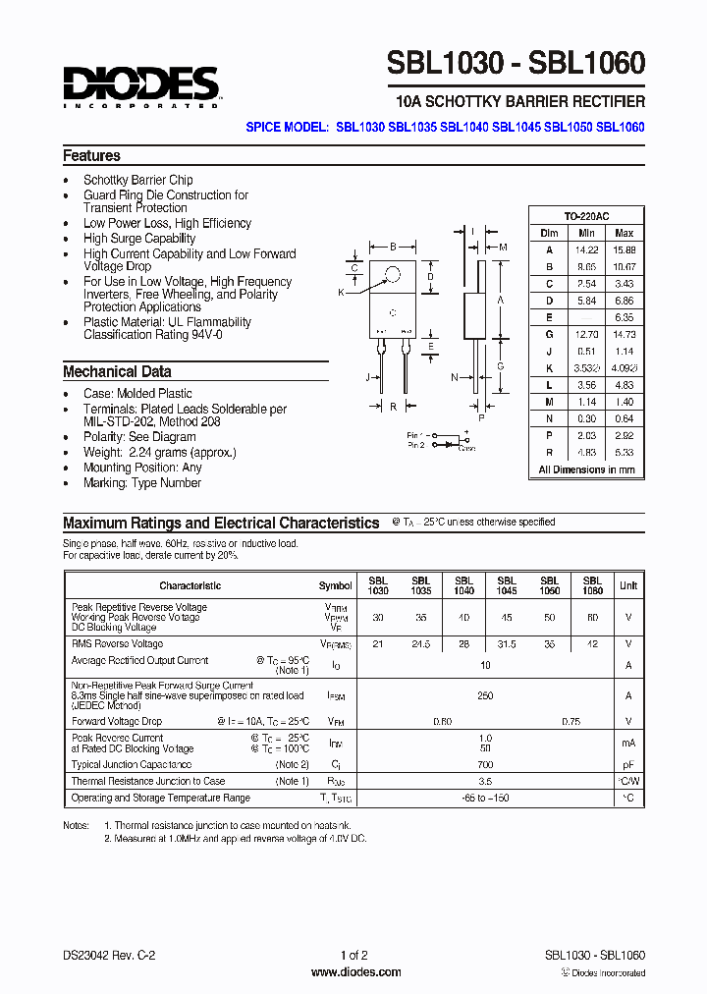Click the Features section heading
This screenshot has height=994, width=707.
(x=91, y=156)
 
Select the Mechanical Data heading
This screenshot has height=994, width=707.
(x=117, y=372)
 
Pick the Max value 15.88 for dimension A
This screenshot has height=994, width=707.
(x=624, y=249)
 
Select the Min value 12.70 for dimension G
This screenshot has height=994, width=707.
(x=586, y=335)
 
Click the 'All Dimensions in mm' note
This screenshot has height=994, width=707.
(x=586, y=470)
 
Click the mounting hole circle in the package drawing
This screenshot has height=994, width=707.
(x=393, y=275)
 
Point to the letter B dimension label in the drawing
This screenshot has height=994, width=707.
(x=393, y=248)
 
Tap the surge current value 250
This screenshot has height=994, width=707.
(x=485, y=696)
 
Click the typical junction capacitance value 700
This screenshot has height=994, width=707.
(x=485, y=764)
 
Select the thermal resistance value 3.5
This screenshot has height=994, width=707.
(x=485, y=782)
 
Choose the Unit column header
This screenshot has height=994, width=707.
(x=627, y=585)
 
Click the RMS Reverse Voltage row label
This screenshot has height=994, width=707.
(x=117, y=644)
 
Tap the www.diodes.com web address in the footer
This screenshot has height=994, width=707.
(x=355, y=972)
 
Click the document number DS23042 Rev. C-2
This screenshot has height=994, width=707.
(x=109, y=955)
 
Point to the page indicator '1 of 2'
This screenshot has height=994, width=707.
(x=353, y=955)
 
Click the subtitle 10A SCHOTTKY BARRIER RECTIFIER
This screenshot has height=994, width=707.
(x=519, y=102)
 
